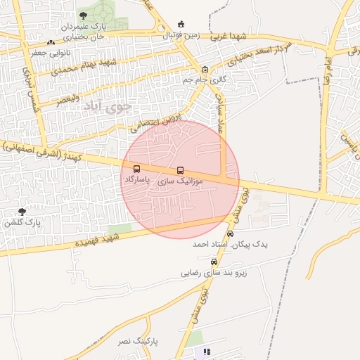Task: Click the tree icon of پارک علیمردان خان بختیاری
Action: [84, 15]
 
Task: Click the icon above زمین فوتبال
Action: [182, 25]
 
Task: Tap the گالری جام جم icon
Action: [205, 70]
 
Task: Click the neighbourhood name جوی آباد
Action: [107, 107]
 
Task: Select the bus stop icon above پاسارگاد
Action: [136, 169]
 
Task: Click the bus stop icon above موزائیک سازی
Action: [181, 170]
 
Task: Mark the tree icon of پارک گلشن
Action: [22, 211]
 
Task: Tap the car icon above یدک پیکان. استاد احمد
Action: [230, 233]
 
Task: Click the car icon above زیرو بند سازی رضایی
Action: [214, 262]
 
